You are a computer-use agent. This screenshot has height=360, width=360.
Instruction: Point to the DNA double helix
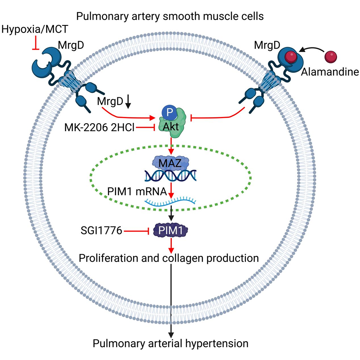[x=171, y=176]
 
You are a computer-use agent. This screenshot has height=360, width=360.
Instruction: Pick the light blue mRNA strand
[x=171, y=203]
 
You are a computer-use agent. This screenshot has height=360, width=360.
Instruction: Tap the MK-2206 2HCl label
[x=99, y=127]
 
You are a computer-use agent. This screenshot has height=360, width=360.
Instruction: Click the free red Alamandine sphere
[x=331, y=56]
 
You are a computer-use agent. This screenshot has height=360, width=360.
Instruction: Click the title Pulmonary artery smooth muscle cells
[x=171, y=17]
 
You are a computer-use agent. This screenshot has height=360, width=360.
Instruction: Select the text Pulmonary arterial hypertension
[x=171, y=344]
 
